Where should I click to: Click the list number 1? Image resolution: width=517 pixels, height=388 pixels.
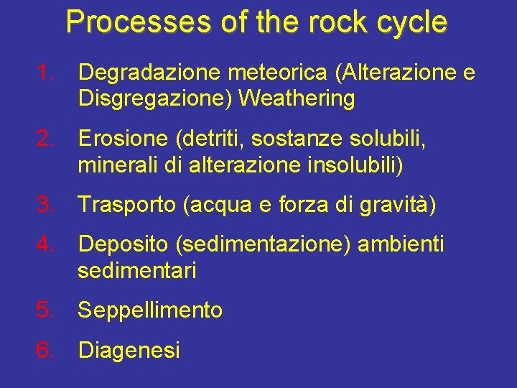tap(47, 72)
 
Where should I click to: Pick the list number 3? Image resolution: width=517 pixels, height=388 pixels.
tap(47, 205)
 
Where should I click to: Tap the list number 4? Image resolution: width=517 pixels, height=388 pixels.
tap(47, 244)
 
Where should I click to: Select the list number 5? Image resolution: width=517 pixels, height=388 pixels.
tap(47, 310)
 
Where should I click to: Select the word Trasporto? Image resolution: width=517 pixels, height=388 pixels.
tap(127, 205)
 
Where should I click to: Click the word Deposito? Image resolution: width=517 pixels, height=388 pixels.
tap(123, 245)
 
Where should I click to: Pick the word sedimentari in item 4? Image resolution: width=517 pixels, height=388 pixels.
tap(137, 271)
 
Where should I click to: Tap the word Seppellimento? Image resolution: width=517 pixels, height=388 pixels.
tap(150, 311)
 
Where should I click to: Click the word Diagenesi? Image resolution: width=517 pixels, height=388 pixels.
tap(129, 351)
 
